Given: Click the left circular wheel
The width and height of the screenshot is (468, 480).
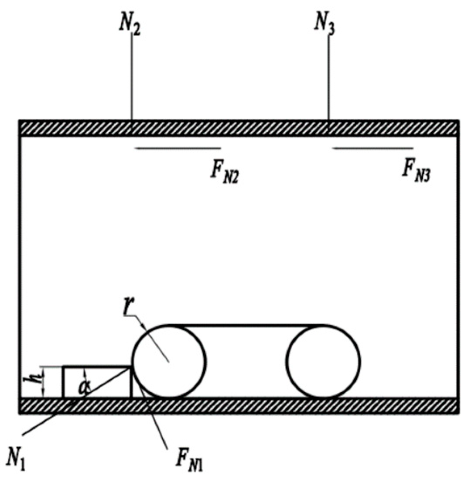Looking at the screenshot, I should click(169, 361).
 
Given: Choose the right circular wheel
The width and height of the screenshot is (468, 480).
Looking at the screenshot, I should click(324, 361).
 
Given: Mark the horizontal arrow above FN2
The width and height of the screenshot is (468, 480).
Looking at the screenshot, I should click(178, 149).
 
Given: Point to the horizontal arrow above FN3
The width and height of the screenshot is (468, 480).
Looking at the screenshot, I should click(373, 149).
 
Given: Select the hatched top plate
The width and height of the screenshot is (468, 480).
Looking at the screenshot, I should click(238, 128).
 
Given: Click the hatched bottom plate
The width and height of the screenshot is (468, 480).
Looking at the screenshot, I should click(238, 405).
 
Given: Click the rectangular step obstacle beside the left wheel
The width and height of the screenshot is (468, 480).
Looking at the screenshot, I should click(97, 382).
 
